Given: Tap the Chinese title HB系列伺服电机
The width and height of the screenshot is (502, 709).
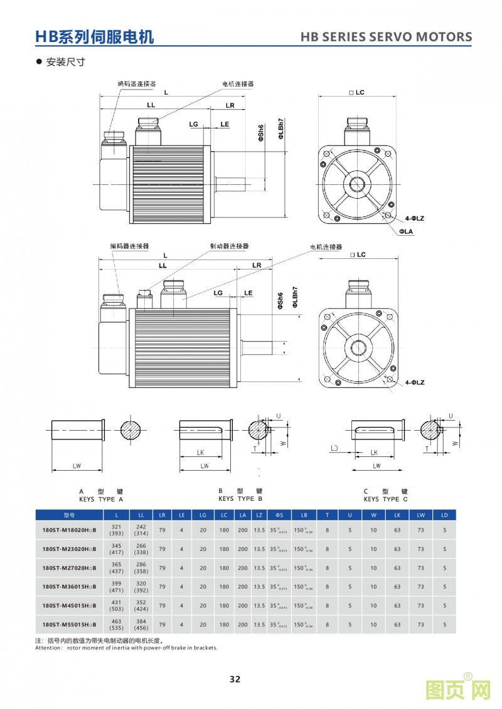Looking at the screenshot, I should click(x=94, y=37).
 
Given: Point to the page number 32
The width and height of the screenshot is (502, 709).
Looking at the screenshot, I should click(x=235, y=680).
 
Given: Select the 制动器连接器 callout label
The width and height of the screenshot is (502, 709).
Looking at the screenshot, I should click(x=229, y=246).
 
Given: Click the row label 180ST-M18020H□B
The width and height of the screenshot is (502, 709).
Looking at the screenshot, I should click(x=69, y=530).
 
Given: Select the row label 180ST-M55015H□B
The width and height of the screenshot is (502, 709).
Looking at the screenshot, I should click(x=69, y=624).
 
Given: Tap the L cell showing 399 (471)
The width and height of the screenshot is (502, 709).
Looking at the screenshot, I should click(x=116, y=587).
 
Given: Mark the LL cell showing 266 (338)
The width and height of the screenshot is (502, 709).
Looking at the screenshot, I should click(x=141, y=549).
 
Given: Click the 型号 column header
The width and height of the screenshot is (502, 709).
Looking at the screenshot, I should click(x=69, y=515).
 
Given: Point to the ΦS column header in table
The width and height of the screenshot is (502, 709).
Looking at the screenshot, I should click(x=279, y=515).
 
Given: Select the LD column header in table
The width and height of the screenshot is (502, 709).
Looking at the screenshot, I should click(x=444, y=515).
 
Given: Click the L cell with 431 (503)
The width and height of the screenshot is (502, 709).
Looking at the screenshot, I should click(x=116, y=606).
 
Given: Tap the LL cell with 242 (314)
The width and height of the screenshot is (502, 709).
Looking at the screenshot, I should click(x=141, y=530).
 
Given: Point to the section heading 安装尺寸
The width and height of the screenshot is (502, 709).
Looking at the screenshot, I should click(x=65, y=62).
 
